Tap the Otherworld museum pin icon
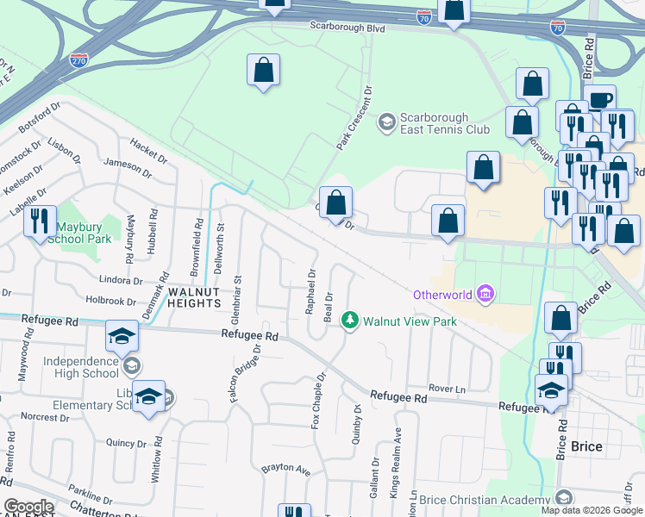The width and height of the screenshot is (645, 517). coord(485,295)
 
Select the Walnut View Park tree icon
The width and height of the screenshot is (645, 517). coord(349,321)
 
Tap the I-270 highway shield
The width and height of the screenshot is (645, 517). coord(78,61)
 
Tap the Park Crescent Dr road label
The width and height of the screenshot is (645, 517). coord(354,117)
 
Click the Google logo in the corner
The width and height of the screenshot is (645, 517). coord(28,507)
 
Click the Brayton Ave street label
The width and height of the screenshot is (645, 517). coord(285,470)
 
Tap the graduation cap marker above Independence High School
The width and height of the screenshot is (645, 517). coord(122,336)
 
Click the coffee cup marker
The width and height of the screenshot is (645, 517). coord(599,99)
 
